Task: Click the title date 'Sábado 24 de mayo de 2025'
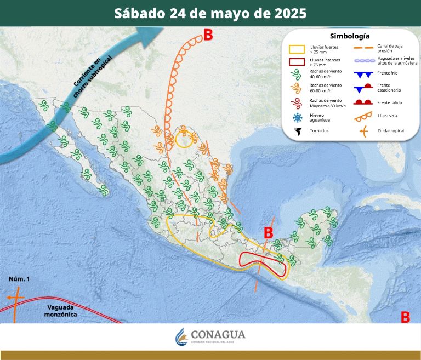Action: pos(210,13)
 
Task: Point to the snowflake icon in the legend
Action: pos(297,117)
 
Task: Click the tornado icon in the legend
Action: pos(297,131)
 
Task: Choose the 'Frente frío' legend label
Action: pos(387,74)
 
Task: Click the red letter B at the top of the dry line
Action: pos(208,35)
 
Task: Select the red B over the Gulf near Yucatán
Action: pos(268,233)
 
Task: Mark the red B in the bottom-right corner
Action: pos(405,317)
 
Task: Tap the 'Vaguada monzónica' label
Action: pos(62,311)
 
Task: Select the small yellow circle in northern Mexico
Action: pos(185,139)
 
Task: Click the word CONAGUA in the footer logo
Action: pos(218,334)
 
